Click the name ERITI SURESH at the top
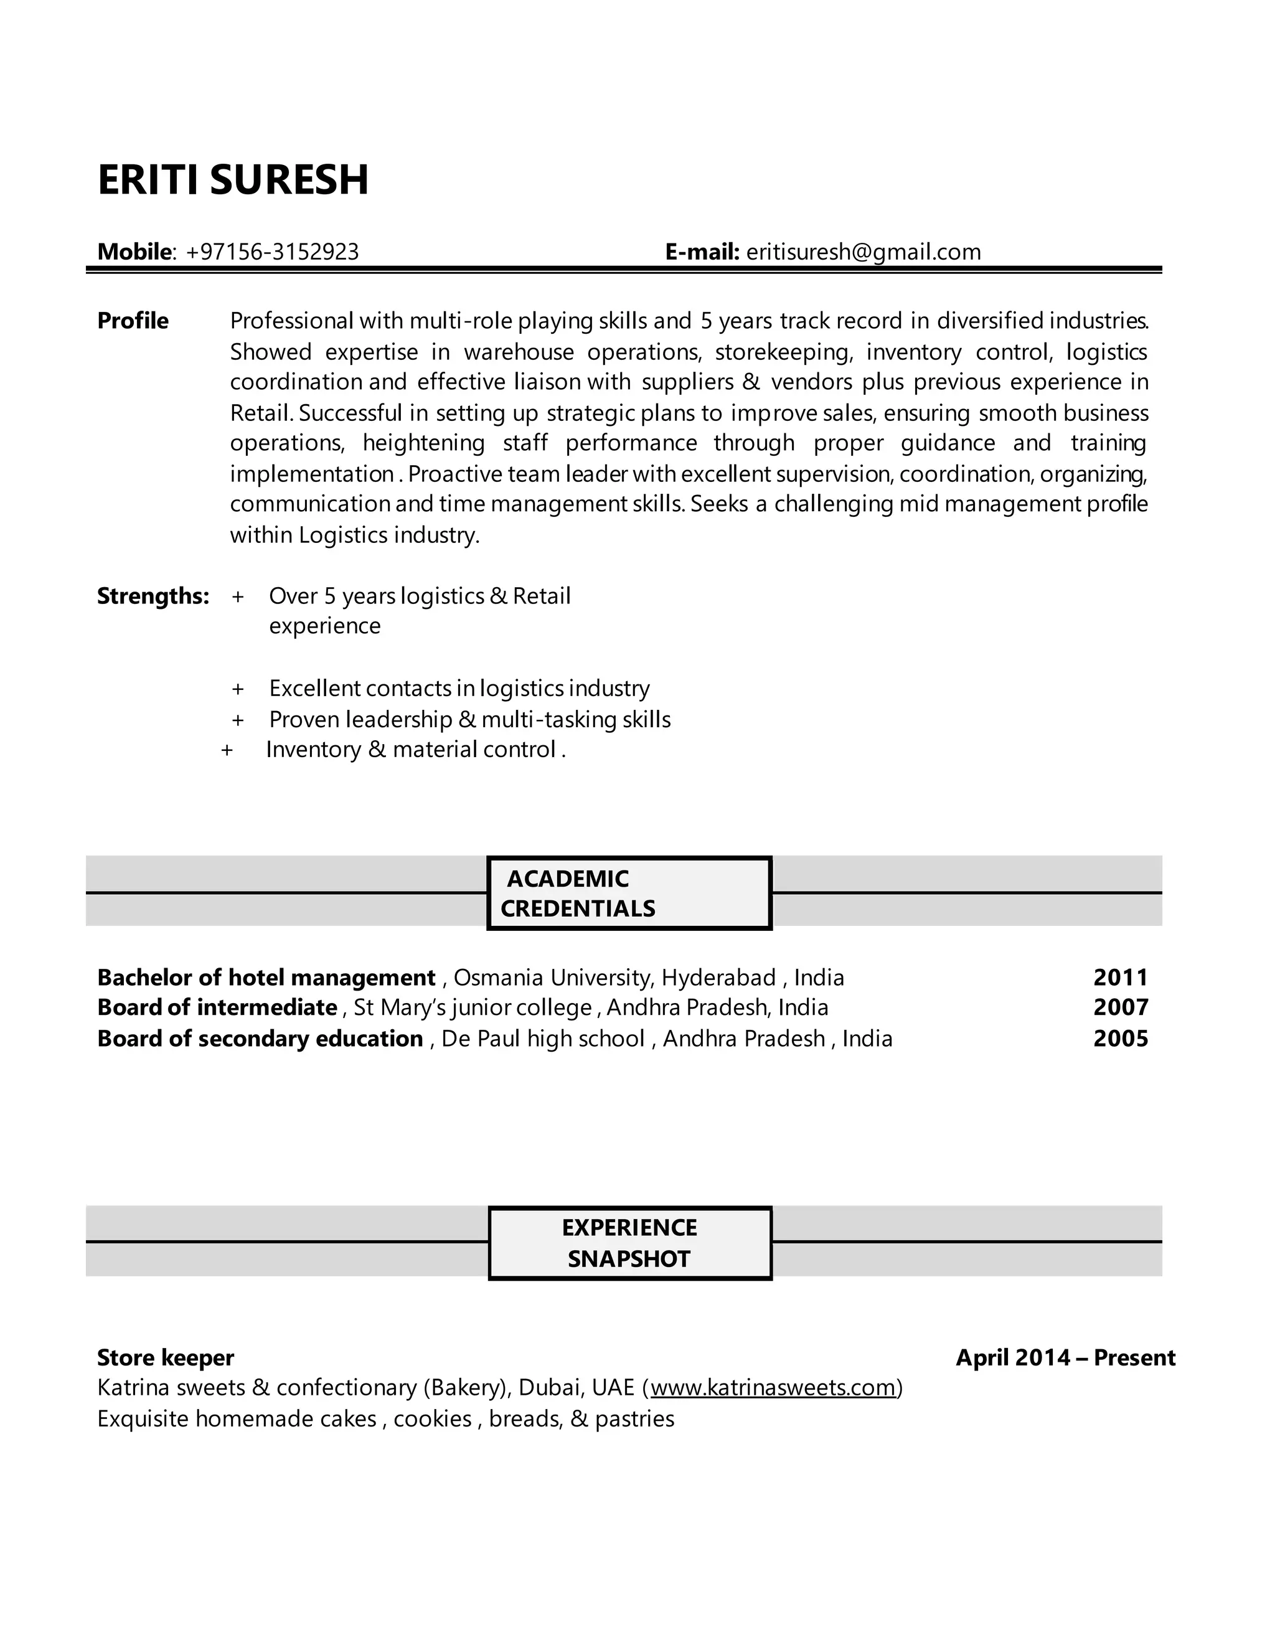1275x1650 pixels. click(x=233, y=180)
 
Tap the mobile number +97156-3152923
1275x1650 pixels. click(x=272, y=252)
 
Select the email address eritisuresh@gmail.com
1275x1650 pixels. click(x=863, y=252)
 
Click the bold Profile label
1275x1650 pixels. click(x=133, y=320)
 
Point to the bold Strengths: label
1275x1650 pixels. click(x=153, y=596)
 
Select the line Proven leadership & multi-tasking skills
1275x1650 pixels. click(x=469, y=719)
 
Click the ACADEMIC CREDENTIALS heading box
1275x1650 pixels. click(x=629, y=893)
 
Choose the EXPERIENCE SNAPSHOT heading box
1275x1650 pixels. click(x=629, y=1243)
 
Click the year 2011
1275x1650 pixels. click(x=1120, y=978)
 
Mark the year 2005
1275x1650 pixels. click(x=1120, y=1039)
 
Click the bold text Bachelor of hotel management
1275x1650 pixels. click(x=266, y=978)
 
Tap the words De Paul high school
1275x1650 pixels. click(x=542, y=1039)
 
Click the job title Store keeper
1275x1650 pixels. click(x=166, y=1357)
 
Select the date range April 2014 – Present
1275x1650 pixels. click(x=1065, y=1357)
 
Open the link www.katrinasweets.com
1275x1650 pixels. click(x=772, y=1388)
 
